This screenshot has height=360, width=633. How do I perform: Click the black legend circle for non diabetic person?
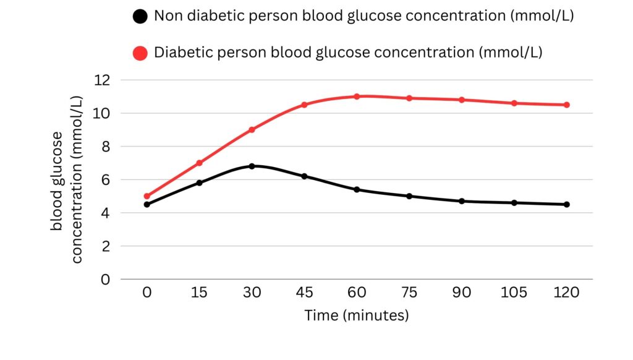[x=140, y=17]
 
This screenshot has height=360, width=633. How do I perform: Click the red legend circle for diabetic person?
[x=140, y=53]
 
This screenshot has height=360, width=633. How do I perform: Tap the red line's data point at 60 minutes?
[x=357, y=96]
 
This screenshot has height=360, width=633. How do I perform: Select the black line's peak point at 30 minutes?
[x=252, y=166]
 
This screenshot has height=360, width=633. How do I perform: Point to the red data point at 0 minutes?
[x=147, y=196]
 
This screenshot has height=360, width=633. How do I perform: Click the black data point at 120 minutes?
[x=566, y=204]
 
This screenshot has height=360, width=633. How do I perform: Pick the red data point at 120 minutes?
[x=566, y=105]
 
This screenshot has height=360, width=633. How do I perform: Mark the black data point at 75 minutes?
[x=409, y=196]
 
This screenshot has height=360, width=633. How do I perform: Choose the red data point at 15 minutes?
[x=199, y=163]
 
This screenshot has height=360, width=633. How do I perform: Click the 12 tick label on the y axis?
[x=102, y=80]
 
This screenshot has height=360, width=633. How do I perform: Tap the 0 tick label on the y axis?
[x=105, y=279]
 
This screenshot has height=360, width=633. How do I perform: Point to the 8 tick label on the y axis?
[x=105, y=147]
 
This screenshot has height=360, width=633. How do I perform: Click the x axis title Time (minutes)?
[x=357, y=315]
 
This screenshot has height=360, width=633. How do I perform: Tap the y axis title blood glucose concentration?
[x=66, y=179]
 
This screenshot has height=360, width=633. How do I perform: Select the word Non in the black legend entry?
[x=167, y=16]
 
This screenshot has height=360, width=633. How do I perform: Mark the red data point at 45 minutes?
[x=304, y=105]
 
